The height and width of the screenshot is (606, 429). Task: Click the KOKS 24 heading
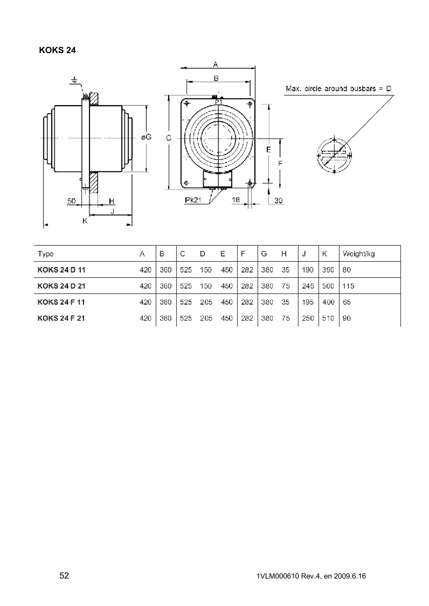pyautogui.click(x=57, y=50)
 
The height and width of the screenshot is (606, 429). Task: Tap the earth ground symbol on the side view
pyautogui.click(x=75, y=81)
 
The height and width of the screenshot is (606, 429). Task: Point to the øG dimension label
pyautogui.click(x=146, y=137)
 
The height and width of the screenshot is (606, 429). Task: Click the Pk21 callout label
pyautogui.click(x=193, y=200)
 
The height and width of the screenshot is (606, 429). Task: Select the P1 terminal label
pyautogui.click(x=219, y=102)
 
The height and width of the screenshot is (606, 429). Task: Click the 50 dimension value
pyautogui.click(x=71, y=201)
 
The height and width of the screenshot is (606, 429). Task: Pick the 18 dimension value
pyautogui.click(x=236, y=200)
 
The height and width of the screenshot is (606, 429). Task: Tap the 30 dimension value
pyautogui.click(x=278, y=201)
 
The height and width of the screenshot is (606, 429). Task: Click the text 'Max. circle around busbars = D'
pyautogui.click(x=338, y=89)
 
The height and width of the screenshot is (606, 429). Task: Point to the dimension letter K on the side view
pyautogui.click(x=85, y=221)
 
